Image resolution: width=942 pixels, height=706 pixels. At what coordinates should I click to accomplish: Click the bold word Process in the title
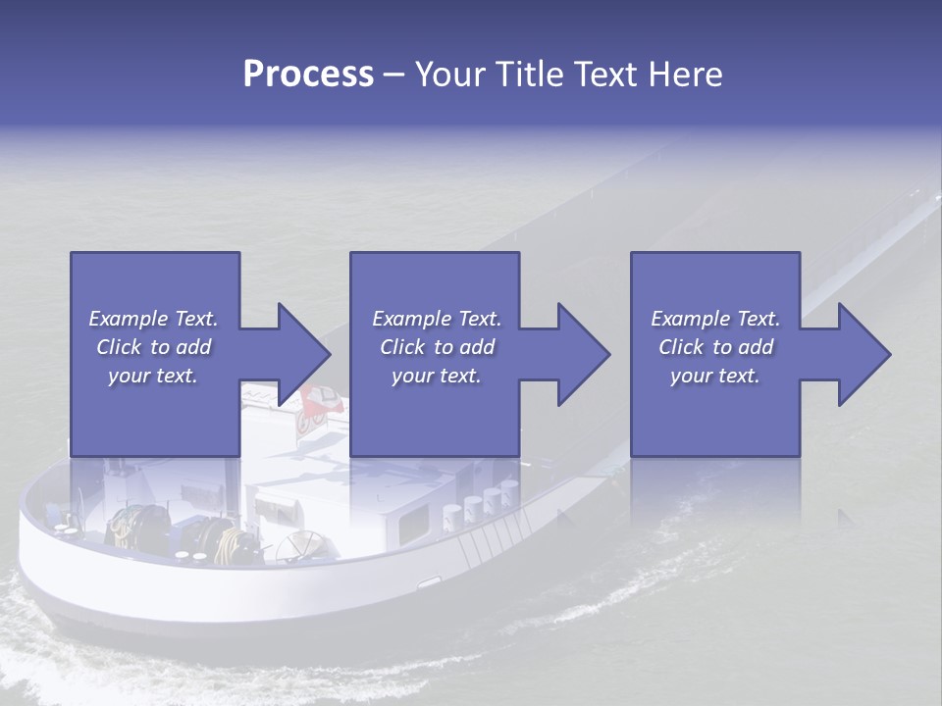pyautogui.click(x=308, y=75)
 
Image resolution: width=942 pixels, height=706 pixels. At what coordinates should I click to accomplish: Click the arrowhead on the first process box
pyautogui.click(x=298, y=354)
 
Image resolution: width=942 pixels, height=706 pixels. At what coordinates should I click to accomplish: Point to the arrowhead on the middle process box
pyautogui.click(x=579, y=354)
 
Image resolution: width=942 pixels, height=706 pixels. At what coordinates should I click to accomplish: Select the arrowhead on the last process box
pyautogui.click(x=860, y=354)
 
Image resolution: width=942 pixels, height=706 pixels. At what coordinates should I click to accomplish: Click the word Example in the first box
pyautogui.click(x=129, y=319)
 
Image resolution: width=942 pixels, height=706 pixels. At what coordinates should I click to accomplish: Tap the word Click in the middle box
pyautogui.click(x=400, y=347)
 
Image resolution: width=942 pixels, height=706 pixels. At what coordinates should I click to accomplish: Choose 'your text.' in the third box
pyautogui.click(x=715, y=376)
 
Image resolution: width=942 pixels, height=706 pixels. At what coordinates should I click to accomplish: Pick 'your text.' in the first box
pyautogui.click(x=154, y=376)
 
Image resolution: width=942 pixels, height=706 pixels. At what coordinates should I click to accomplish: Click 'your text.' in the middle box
pyautogui.click(x=435, y=376)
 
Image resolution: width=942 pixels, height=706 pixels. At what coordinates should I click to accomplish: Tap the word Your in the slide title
pyautogui.click(x=447, y=75)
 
